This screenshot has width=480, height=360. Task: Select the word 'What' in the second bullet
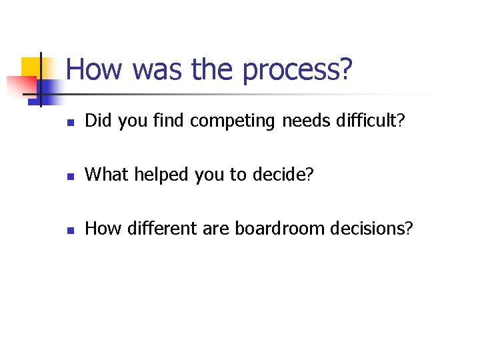pyautogui.click(x=107, y=174)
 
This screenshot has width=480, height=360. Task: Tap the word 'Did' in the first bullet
pyautogui.click(x=99, y=121)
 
